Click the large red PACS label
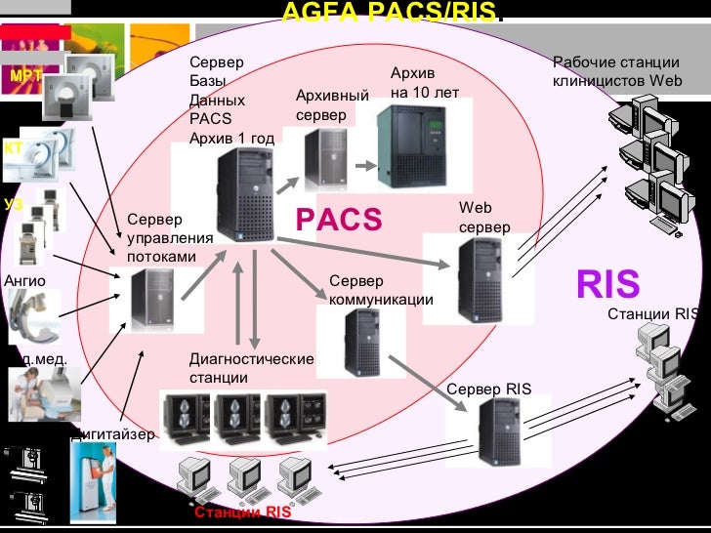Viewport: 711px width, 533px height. tap(339, 221)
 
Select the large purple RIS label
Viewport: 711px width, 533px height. tap(607, 284)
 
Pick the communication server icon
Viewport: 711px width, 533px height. tap(361, 342)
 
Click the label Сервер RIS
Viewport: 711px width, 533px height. tap(488, 389)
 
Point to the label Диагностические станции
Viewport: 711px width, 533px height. tap(251, 368)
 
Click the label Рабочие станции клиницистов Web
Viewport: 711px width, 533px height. tap(617, 72)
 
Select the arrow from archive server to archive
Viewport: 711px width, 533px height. tap(363, 166)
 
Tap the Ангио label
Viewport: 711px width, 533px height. tap(24, 281)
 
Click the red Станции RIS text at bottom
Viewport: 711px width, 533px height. tap(242, 512)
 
